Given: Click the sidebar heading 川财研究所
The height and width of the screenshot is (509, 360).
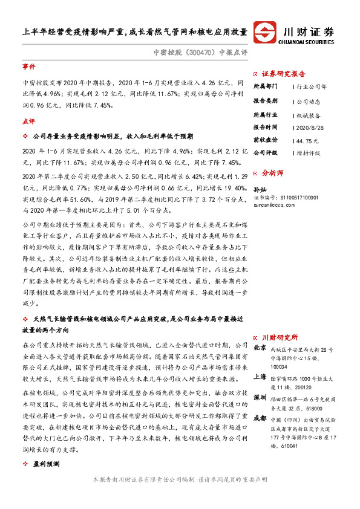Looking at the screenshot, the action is coord(279,337).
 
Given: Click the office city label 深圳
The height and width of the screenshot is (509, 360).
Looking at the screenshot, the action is coord(260,397).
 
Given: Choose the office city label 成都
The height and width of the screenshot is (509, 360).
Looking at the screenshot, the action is coord(260,417).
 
